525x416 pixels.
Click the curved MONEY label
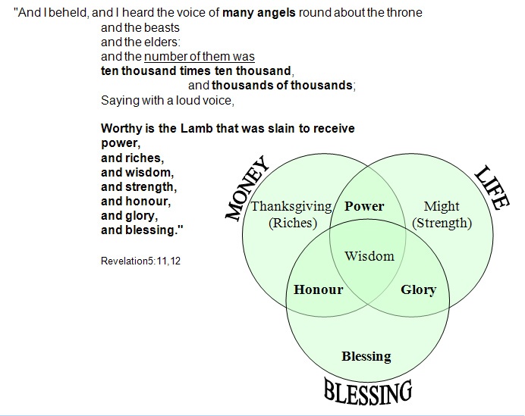[x=247, y=188]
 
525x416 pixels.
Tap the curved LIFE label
[x=492, y=188]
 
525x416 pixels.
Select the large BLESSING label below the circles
[x=368, y=391]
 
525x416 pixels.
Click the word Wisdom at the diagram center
[x=369, y=256]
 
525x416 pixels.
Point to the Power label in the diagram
[x=364, y=206]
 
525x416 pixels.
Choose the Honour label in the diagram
[x=319, y=289]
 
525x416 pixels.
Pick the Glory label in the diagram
[x=419, y=289]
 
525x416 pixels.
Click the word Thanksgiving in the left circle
[x=291, y=206]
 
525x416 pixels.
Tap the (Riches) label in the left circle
[x=293, y=223]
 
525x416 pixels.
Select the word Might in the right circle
[x=442, y=206]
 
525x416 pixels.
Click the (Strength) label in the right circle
[x=442, y=223]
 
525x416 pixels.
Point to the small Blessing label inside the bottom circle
[x=366, y=356]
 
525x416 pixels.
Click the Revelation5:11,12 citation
[x=140, y=261]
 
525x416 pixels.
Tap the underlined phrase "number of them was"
[x=200, y=57]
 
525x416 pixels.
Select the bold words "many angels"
[x=259, y=13]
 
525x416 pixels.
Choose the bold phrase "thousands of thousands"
[x=282, y=86]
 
